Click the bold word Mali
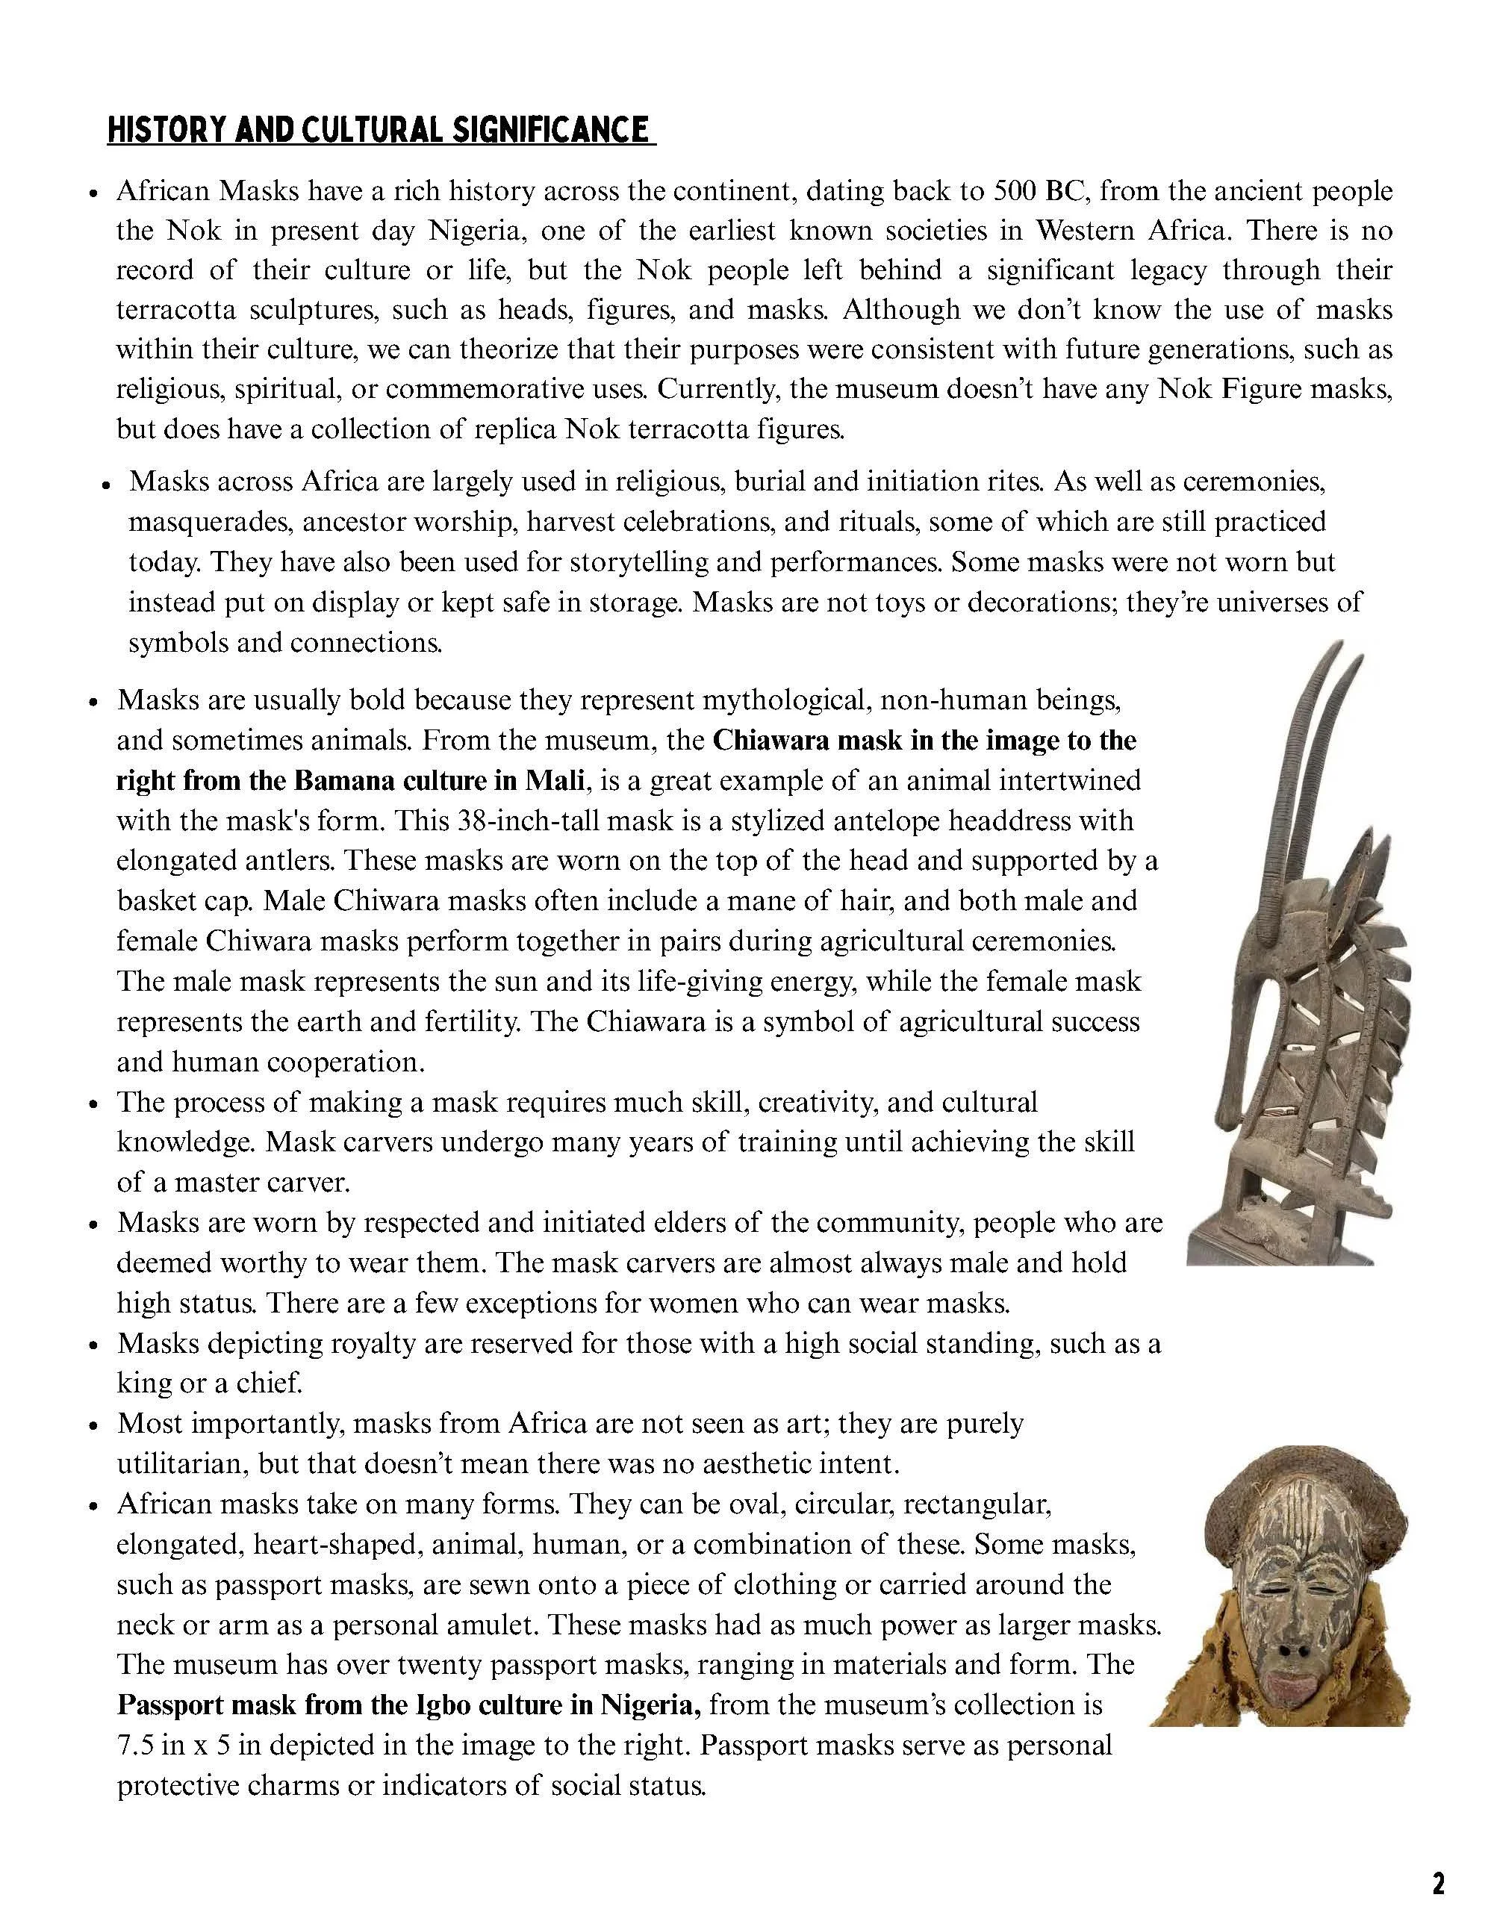point(554,780)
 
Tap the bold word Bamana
point(338,780)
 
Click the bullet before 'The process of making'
point(93,1106)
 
